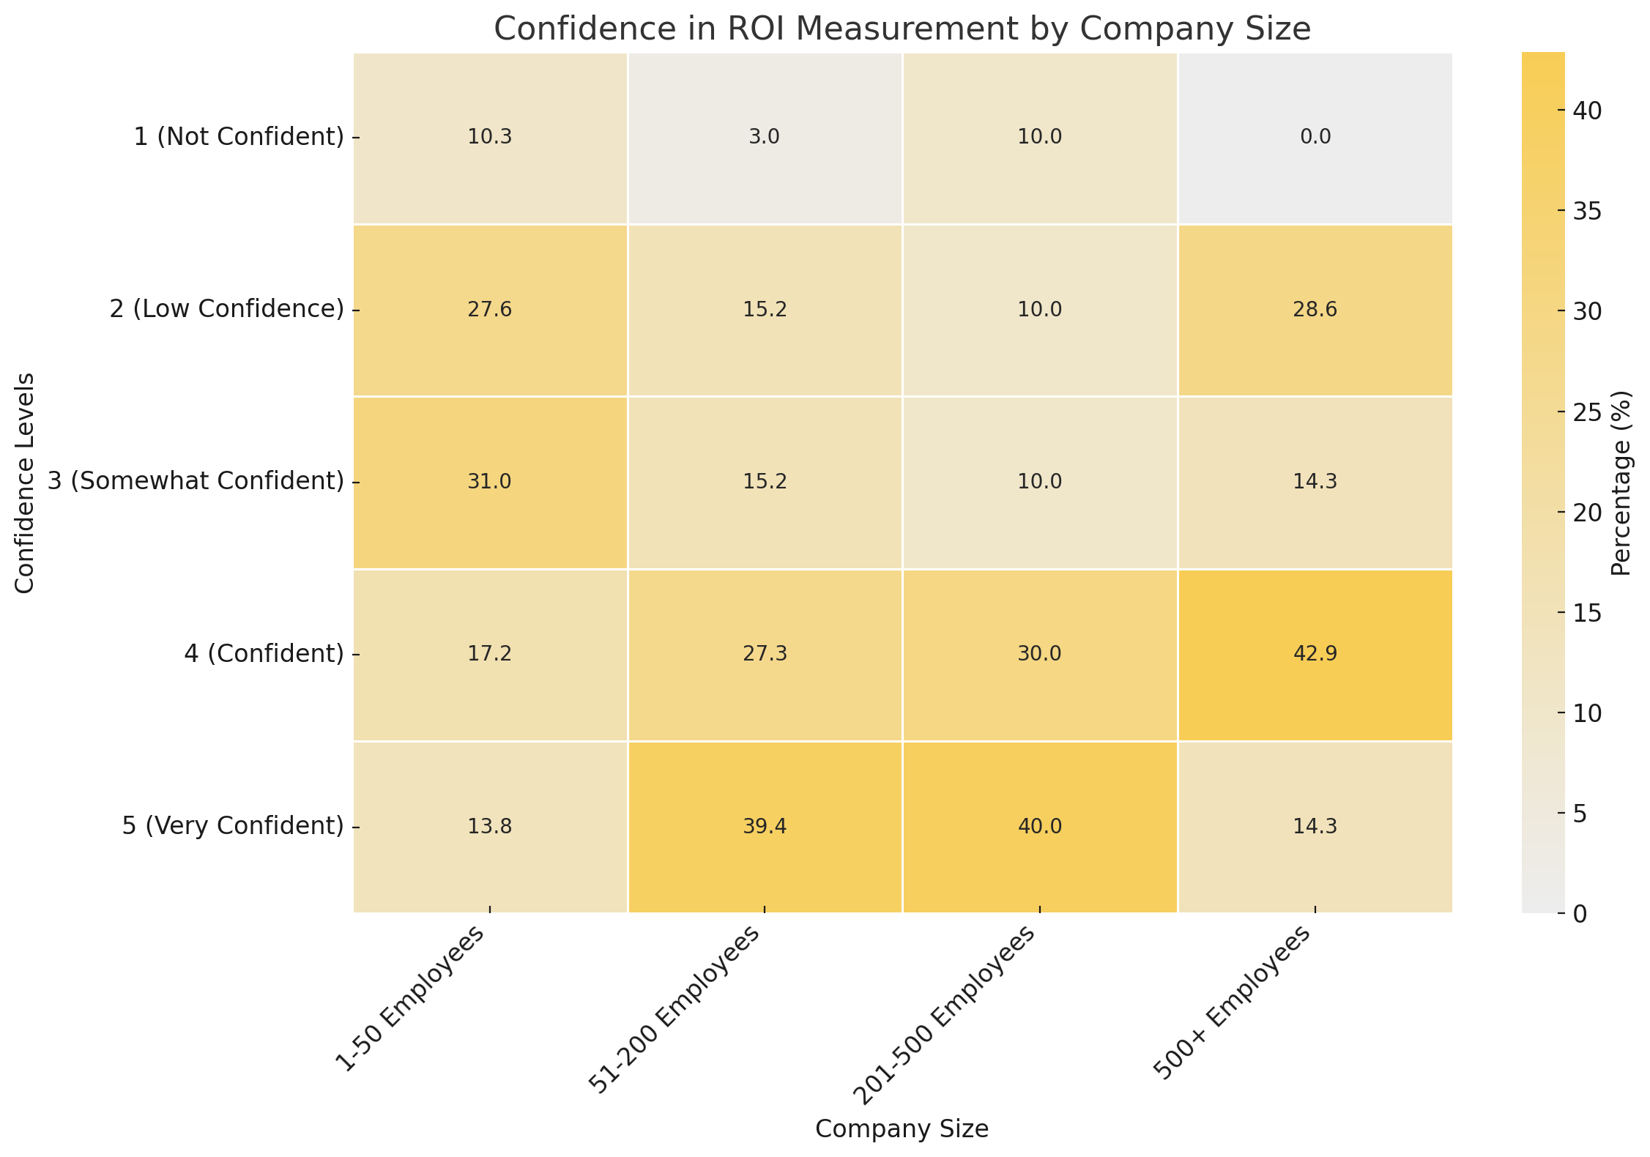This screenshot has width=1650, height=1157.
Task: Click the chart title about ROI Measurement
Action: click(902, 29)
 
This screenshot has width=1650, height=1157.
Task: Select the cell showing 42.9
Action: click(1315, 655)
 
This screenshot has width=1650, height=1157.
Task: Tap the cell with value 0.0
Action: click(1315, 138)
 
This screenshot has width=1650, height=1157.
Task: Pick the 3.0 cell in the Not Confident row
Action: click(765, 138)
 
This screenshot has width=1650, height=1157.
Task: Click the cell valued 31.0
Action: click(490, 482)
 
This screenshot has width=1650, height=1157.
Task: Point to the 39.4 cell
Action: click(765, 827)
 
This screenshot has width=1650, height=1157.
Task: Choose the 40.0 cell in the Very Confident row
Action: click(1040, 827)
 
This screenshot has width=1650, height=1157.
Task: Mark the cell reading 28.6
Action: click(1315, 310)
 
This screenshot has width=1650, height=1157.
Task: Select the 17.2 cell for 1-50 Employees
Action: click(490, 655)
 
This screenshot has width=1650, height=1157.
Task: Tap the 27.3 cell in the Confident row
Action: click(765, 655)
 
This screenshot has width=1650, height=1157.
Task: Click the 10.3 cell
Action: click(490, 138)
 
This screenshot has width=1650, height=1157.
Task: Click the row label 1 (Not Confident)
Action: click(239, 137)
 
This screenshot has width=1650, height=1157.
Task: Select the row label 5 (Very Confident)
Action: click(232, 826)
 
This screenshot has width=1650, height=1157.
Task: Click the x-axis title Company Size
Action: click(902, 1129)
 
